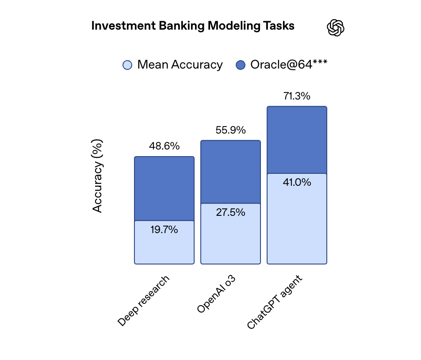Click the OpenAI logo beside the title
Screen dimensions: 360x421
pos(336,28)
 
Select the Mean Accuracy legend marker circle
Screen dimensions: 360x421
pos(127,65)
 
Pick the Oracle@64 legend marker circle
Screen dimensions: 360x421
pos(241,65)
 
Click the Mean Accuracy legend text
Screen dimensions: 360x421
pos(180,65)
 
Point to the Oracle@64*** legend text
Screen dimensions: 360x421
pos(289,65)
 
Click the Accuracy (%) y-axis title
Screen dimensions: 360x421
pos(98,176)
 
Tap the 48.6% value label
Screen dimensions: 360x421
pos(164,146)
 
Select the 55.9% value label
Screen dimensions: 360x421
pos(230,130)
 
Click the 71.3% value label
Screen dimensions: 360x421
pos(297,96)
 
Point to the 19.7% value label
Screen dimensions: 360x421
pos(164,230)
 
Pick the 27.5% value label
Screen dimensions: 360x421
pos(230,212)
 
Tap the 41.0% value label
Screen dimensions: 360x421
pos(297,182)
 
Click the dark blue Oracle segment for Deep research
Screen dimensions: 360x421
pos(164,188)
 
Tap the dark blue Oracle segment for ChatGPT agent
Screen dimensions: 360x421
pos(297,140)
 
